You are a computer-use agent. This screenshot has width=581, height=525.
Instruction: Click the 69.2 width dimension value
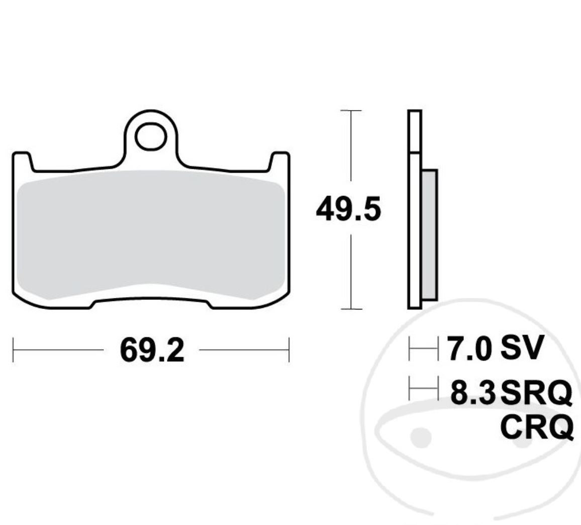pyautogui.click(x=152, y=350)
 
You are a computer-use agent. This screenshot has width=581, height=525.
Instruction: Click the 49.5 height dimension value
pyautogui.click(x=348, y=209)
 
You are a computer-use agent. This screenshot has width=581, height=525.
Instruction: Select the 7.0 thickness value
pyautogui.click(x=469, y=348)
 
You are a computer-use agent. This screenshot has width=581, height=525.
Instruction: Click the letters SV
pyautogui.click(x=522, y=347)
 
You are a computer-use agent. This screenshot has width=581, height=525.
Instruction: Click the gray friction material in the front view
pyautogui.click(x=151, y=234)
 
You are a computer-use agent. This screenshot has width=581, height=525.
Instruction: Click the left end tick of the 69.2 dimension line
pyautogui.click(x=13, y=350)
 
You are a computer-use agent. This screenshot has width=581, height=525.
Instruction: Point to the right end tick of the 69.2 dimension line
pyautogui.click(x=289, y=350)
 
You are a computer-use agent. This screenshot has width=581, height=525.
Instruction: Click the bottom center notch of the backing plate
pyautogui.click(x=151, y=302)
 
